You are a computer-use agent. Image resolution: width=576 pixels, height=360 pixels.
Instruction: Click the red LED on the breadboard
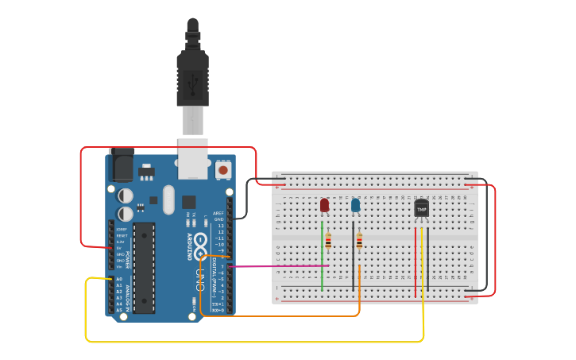click(324, 207)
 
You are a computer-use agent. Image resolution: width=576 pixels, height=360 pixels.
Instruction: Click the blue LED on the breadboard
click(355, 207)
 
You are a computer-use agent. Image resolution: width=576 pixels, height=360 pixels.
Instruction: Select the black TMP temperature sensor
click(421, 209)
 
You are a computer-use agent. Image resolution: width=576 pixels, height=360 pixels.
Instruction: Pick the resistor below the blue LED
click(360, 240)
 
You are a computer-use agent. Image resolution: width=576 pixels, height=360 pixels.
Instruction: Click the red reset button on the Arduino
click(223, 170)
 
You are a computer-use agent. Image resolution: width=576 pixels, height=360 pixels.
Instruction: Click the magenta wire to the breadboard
click(278, 266)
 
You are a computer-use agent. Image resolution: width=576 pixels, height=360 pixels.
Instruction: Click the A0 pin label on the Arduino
click(119, 280)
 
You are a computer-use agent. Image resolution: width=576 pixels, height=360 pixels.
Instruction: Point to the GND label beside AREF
click(219, 219)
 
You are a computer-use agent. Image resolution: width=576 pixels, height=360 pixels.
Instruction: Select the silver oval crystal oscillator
click(168, 199)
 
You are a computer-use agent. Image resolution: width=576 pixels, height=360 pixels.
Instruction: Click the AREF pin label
click(218, 213)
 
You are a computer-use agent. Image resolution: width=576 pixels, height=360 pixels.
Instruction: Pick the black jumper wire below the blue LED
click(354, 262)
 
